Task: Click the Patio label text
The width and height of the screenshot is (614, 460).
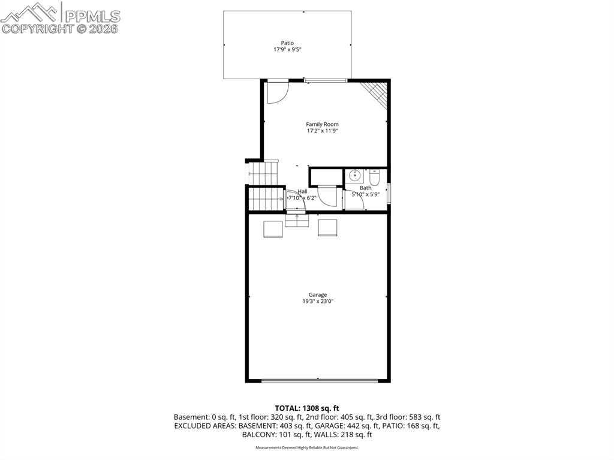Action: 287,43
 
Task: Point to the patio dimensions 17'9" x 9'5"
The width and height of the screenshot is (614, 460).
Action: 287,49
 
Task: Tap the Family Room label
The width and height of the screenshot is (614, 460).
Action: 322,124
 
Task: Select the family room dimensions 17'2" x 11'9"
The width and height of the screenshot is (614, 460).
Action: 322,131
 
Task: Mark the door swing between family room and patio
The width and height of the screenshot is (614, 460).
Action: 278,91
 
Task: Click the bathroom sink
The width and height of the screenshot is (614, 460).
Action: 355,176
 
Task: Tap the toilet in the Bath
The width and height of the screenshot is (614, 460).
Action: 375,177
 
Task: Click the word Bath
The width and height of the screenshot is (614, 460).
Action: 365,188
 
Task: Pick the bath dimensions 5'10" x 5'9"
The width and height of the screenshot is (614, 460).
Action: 365,194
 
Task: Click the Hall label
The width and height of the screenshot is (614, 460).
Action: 302,191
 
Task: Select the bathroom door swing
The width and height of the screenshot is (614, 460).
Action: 356,200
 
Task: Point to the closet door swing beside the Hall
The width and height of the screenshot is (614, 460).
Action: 327,196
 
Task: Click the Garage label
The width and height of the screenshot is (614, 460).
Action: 318,294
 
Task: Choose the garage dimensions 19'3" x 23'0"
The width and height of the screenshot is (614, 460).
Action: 318,301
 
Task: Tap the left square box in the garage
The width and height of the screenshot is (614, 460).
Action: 273,229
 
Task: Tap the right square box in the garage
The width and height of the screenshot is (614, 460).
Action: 327,228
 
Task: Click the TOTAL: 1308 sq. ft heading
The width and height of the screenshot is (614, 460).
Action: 306,408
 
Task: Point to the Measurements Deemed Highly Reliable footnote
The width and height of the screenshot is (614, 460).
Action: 306,447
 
